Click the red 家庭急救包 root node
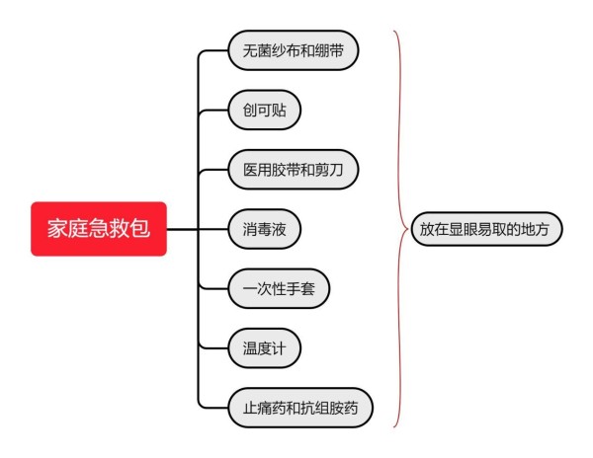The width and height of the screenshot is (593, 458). pos(99,229)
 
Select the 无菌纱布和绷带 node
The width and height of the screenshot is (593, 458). pos(294,50)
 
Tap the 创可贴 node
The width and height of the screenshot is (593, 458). pos(264,110)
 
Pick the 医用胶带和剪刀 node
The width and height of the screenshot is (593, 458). pos(294,170)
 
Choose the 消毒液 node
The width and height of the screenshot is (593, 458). pos(264,229)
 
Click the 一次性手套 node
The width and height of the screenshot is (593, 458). pos(279,289)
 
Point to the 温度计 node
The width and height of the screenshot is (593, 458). pos(264,348)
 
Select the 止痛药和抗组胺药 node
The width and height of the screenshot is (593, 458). pos(300,408)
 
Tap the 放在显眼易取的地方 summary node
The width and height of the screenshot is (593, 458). pos(486,229)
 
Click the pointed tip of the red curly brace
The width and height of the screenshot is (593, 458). pos(408,229)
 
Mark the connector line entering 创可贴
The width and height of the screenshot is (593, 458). pos(213,111)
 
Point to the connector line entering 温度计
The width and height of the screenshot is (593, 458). pos(213,347)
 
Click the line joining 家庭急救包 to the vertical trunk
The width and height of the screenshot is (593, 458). pos(182,229)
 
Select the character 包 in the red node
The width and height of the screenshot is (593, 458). pos(140,228)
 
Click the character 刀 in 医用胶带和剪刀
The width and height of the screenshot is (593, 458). pos(336,170)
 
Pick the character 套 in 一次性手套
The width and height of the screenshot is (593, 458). pos(307,289)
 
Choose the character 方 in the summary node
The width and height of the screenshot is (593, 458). pos(542,229)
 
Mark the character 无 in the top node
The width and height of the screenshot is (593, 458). pos(250,50)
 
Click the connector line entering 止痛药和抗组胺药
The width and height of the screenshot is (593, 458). pos(213,407)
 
